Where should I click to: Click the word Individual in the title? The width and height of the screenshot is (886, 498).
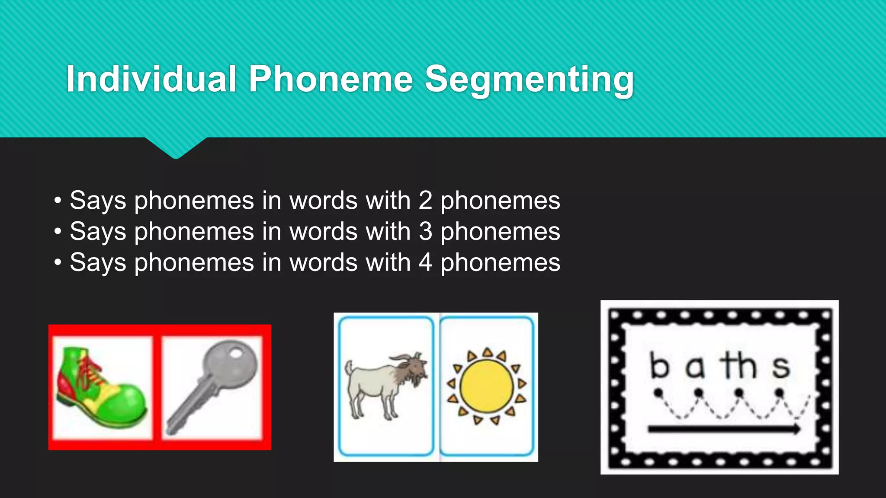click(x=151, y=79)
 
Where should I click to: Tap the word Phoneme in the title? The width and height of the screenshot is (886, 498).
click(x=331, y=79)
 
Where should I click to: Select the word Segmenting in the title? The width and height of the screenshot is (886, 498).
click(x=529, y=80)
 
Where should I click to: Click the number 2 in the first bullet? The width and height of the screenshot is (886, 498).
click(x=425, y=201)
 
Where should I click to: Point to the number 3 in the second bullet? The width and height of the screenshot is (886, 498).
click(x=425, y=232)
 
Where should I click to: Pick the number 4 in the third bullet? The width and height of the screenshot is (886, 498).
click(x=425, y=263)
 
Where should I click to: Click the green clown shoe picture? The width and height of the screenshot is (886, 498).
click(x=102, y=387)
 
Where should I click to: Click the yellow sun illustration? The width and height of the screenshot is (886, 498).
click(x=487, y=386)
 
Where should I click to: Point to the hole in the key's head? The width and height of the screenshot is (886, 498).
click(x=235, y=354)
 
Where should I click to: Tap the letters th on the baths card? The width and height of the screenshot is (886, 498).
click(x=738, y=365)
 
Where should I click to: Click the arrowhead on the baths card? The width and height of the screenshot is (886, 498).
click(x=795, y=429)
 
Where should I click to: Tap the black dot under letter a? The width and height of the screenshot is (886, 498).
click(x=699, y=393)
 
